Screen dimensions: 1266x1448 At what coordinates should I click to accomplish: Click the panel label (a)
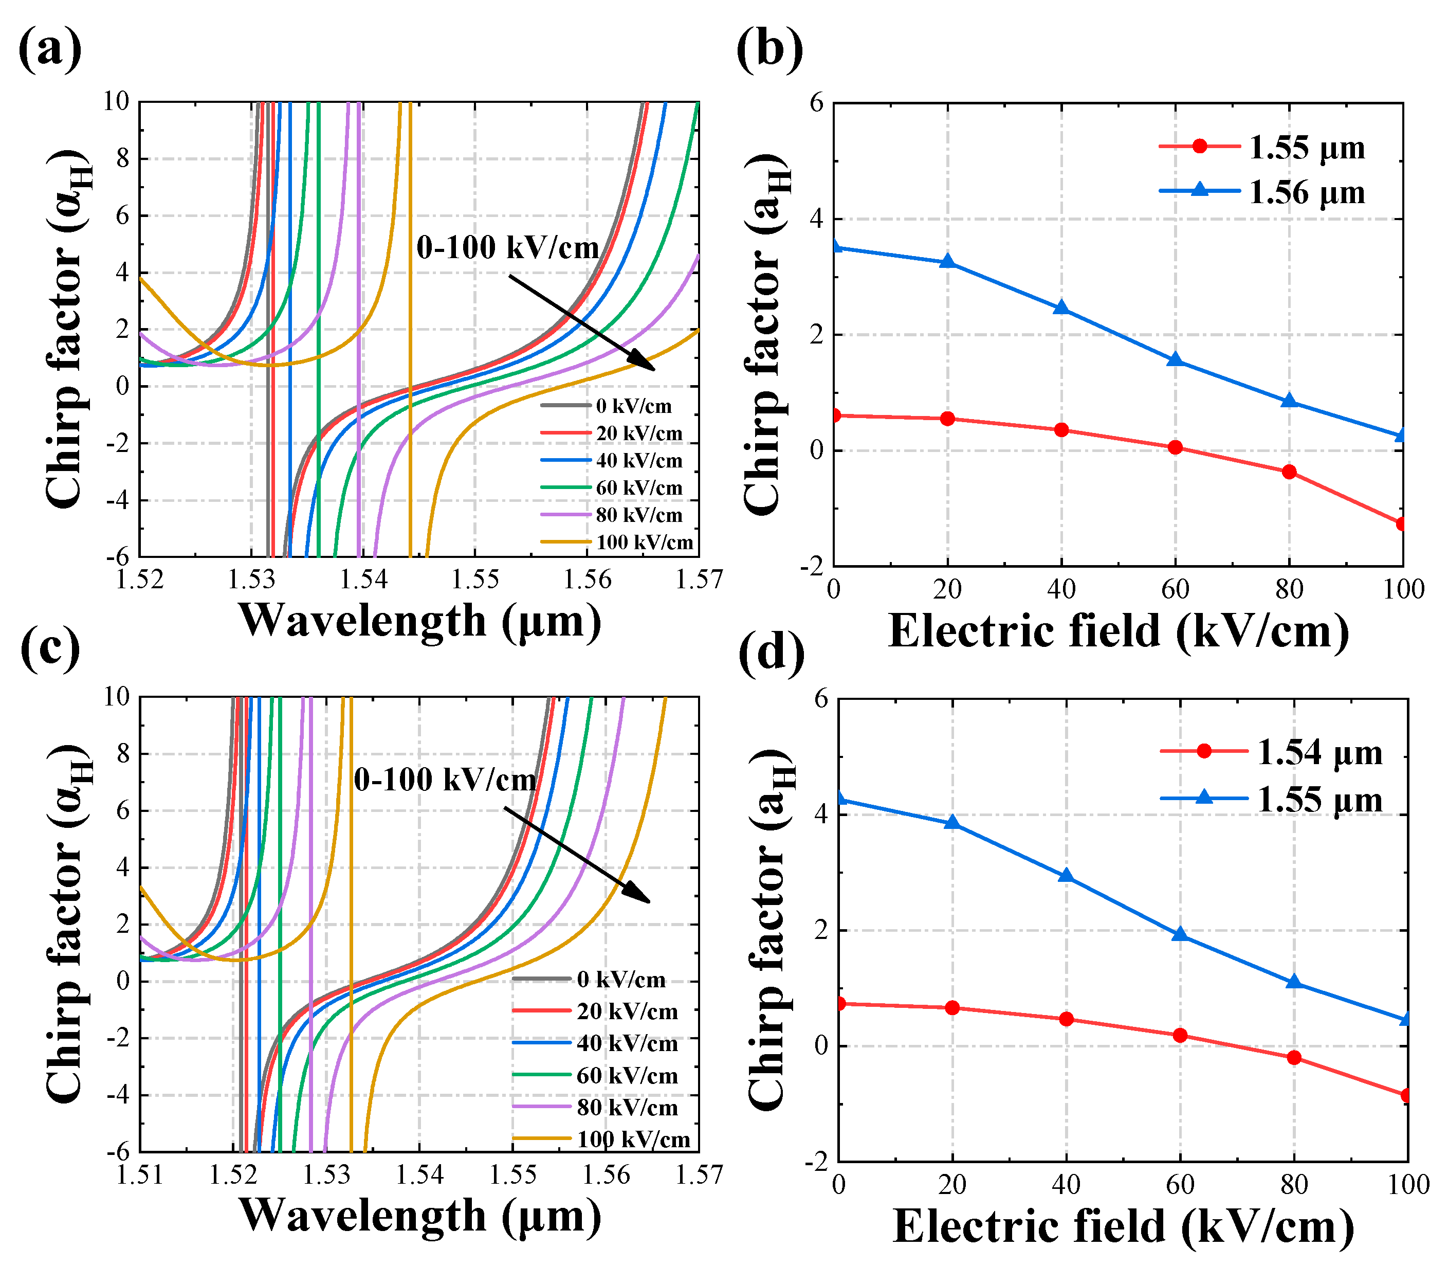pyautogui.click(x=49, y=49)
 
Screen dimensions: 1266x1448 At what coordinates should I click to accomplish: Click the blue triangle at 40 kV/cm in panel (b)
pyautogui.click(x=1061, y=308)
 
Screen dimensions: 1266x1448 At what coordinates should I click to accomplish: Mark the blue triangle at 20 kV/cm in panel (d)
pyautogui.click(x=952, y=822)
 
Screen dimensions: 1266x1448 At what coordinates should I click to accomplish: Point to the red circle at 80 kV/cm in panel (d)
pyautogui.click(x=1294, y=1058)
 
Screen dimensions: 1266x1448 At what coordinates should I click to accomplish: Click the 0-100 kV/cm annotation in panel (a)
pyautogui.click(x=507, y=248)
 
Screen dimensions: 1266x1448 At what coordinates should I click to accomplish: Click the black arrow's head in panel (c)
pyautogui.click(x=641, y=897)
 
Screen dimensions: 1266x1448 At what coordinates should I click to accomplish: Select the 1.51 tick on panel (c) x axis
pyautogui.click(x=140, y=1175)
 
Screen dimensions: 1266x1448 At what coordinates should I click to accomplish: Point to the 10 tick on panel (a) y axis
pyautogui.click(x=117, y=102)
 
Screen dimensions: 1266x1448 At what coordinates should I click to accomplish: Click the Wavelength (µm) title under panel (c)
pyautogui.click(x=420, y=1215)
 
